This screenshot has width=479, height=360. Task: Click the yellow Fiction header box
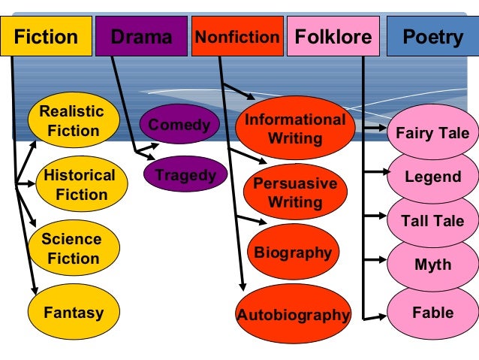[x=46, y=37]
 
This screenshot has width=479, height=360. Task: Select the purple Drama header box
[x=142, y=37]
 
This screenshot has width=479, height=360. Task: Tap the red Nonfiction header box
[x=237, y=37]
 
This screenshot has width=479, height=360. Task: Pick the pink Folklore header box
[x=333, y=37]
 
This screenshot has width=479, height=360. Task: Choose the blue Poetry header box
[x=432, y=37]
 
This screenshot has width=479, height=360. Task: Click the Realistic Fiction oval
[x=73, y=121]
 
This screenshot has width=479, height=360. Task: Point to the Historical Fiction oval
[x=79, y=185]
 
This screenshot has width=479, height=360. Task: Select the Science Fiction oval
[x=71, y=249]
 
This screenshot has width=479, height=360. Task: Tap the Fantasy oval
[x=73, y=312]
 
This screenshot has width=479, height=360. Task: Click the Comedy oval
[x=179, y=125]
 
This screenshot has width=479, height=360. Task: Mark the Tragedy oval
[x=185, y=176]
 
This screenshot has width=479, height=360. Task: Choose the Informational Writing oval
[x=295, y=129]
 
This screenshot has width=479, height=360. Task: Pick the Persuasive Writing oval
[x=295, y=192]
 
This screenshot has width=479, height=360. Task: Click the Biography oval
[x=293, y=253]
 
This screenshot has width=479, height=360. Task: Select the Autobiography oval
[x=294, y=315]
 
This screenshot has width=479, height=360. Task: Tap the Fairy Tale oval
[x=432, y=134]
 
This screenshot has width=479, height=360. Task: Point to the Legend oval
[x=432, y=177]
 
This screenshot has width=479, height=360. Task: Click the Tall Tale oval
[x=432, y=221]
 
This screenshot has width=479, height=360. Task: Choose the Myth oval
[x=432, y=265]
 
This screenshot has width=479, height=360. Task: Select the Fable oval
[x=432, y=312]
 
